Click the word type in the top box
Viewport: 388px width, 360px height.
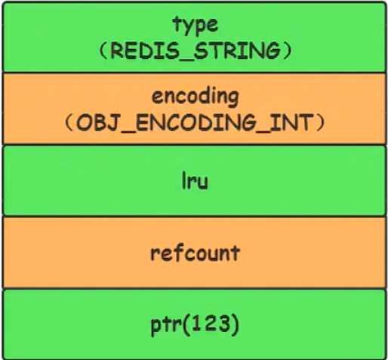(196, 25)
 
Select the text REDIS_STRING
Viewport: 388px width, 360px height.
(196, 51)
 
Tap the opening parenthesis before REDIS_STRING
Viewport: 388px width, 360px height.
(103, 51)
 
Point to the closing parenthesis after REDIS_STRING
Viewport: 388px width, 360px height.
(288, 51)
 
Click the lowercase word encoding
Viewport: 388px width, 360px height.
(196, 97)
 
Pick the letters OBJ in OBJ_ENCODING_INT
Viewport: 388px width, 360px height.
(97, 122)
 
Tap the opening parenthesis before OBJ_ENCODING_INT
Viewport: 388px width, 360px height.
(69, 122)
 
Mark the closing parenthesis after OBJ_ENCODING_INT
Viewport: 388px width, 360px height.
(321, 122)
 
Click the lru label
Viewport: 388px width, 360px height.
(195, 180)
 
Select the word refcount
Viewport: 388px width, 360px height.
(195, 253)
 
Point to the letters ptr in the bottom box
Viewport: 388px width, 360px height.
(166, 325)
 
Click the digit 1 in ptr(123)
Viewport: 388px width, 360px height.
(196, 324)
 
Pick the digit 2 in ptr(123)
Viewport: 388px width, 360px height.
(208, 324)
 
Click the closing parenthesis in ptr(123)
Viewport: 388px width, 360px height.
(235, 325)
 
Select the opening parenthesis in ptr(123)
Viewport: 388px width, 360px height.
(186, 325)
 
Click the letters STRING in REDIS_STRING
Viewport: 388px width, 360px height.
(237, 51)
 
